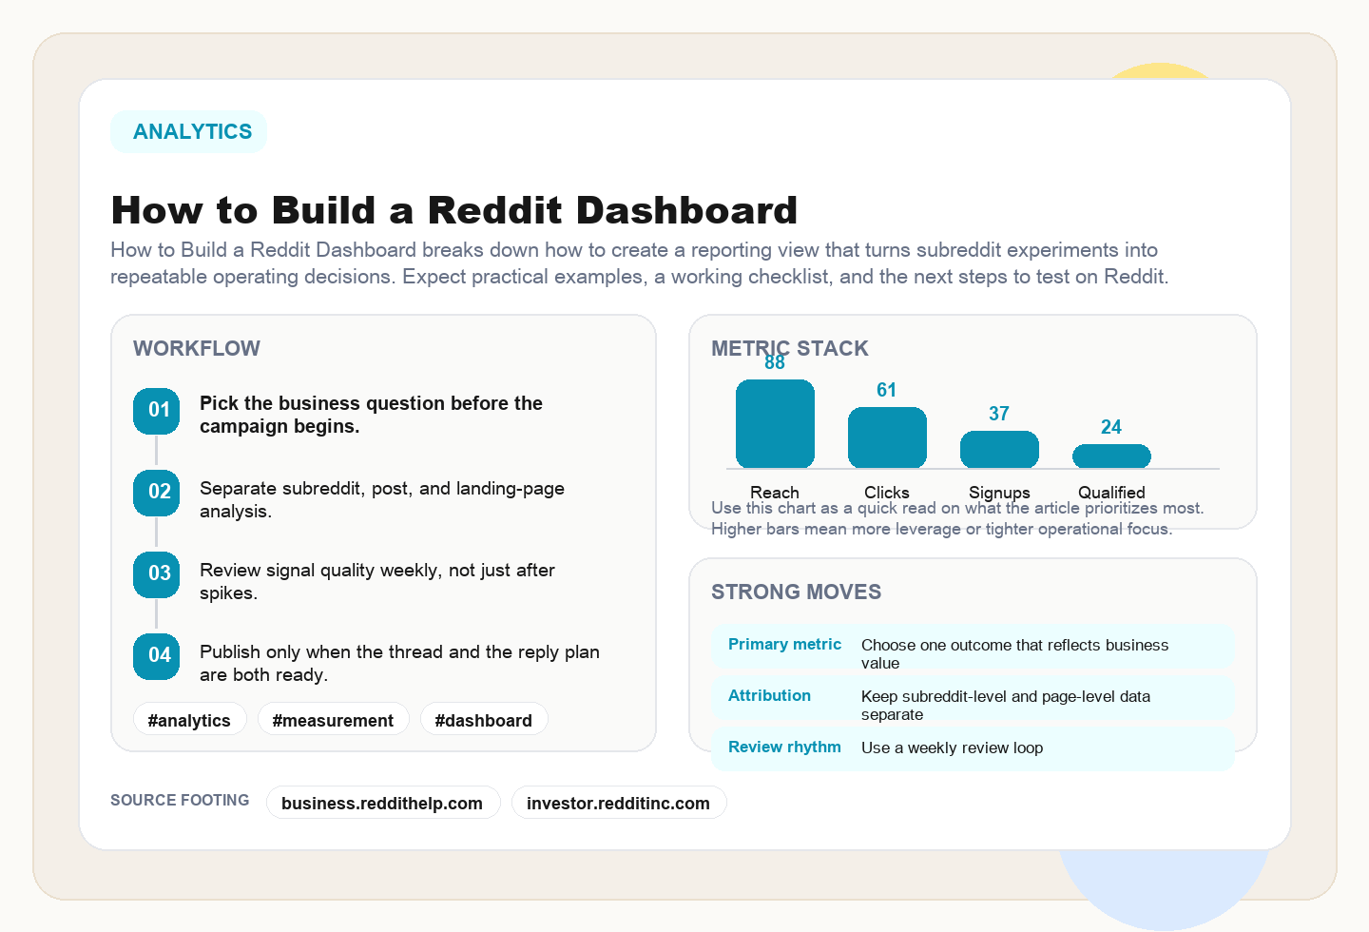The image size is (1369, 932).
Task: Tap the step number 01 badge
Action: click(x=157, y=411)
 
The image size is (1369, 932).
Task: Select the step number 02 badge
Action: click(x=157, y=493)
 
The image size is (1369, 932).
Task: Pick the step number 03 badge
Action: click(x=157, y=574)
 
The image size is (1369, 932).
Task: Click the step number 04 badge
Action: click(x=157, y=656)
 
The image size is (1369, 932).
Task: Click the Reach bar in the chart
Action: click(x=775, y=424)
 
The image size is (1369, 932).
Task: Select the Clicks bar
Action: click(x=887, y=437)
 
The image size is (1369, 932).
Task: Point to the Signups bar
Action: click(x=999, y=450)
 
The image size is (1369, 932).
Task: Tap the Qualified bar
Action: click(x=1111, y=456)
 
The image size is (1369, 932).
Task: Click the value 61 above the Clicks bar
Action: click(x=887, y=390)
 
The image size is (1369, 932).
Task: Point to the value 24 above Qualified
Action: click(x=1111, y=427)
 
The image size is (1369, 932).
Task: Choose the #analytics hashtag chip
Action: click(x=189, y=720)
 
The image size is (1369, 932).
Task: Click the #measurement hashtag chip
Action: click(x=333, y=720)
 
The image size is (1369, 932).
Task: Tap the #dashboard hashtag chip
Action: click(x=483, y=720)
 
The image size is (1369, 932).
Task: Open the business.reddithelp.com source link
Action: click(x=382, y=803)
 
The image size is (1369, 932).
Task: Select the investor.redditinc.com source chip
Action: click(x=618, y=803)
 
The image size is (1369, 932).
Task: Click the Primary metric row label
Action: click(x=784, y=645)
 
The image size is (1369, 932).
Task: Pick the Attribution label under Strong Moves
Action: click(x=769, y=696)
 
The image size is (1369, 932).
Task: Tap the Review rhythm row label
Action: click(x=784, y=748)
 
